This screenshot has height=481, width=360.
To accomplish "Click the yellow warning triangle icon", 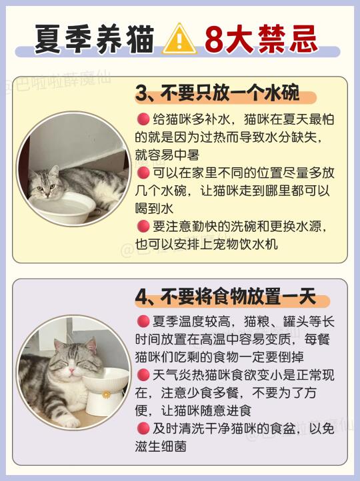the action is (x=179, y=39).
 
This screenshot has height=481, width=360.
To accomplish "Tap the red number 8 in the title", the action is (x=214, y=39).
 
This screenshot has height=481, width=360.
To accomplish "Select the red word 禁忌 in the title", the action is (x=287, y=39).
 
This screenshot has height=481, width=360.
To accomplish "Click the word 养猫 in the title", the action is (x=125, y=39).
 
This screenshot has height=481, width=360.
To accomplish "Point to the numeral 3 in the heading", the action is (x=141, y=93).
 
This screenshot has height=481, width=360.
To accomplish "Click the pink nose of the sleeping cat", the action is (x=71, y=370).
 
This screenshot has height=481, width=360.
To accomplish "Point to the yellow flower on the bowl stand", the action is (x=107, y=394).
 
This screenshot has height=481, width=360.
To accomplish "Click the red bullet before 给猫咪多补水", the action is (x=143, y=119).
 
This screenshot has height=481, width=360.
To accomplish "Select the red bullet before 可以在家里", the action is (x=143, y=173).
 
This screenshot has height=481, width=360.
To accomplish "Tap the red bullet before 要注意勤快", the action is (x=143, y=227).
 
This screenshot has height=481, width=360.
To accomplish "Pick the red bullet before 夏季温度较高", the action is (x=143, y=321).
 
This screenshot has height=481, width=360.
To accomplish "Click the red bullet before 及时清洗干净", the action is (x=143, y=428).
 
